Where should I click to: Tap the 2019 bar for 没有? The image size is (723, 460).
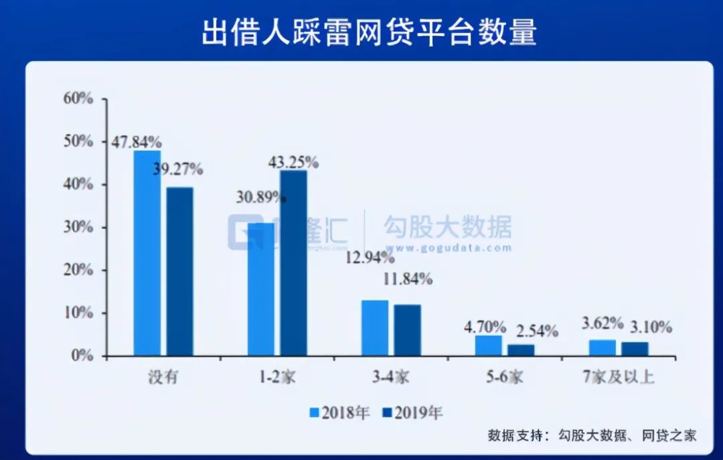click(179, 271)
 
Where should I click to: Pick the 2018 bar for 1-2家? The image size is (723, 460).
click(261, 289)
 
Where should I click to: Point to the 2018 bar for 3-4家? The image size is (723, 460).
click(375, 327)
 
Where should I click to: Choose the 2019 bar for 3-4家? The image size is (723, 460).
click(407, 330)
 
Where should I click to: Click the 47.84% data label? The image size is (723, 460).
click(136, 142)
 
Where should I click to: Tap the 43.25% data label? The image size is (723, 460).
click(293, 162)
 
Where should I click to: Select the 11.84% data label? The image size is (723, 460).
click(407, 279)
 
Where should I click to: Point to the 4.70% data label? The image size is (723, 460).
click(485, 327)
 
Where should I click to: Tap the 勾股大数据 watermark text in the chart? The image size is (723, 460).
click(447, 227)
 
